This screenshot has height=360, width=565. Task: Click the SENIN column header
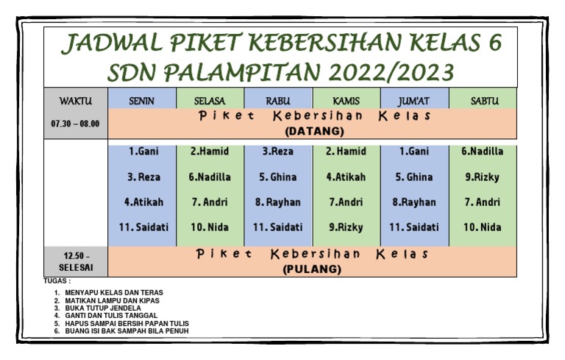(141, 101)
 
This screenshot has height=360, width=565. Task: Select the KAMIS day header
(346, 101)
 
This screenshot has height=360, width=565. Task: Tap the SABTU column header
(485, 101)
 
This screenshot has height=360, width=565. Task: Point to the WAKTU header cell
(76, 101)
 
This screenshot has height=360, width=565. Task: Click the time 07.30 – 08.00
(75, 124)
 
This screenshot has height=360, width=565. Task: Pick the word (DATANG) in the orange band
(314, 131)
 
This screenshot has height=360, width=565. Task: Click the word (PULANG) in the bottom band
(312, 269)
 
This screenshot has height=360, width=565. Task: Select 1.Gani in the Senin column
(143, 151)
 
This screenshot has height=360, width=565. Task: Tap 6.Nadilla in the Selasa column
(210, 177)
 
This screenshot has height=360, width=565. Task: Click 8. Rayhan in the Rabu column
(278, 202)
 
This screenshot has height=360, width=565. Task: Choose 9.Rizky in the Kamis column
(346, 227)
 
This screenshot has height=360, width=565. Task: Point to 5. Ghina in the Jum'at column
(414, 177)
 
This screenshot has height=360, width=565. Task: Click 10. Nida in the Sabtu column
(482, 227)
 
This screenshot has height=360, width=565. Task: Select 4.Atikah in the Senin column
(143, 202)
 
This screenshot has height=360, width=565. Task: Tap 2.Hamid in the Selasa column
(210, 151)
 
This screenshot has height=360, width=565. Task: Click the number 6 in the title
(494, 42)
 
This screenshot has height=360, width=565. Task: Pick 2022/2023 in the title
(391, 72)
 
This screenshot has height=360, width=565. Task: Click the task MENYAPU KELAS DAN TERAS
(114, 292)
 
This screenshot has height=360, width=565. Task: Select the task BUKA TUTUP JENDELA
(103, 308)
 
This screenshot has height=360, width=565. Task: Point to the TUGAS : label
(57, 281)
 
